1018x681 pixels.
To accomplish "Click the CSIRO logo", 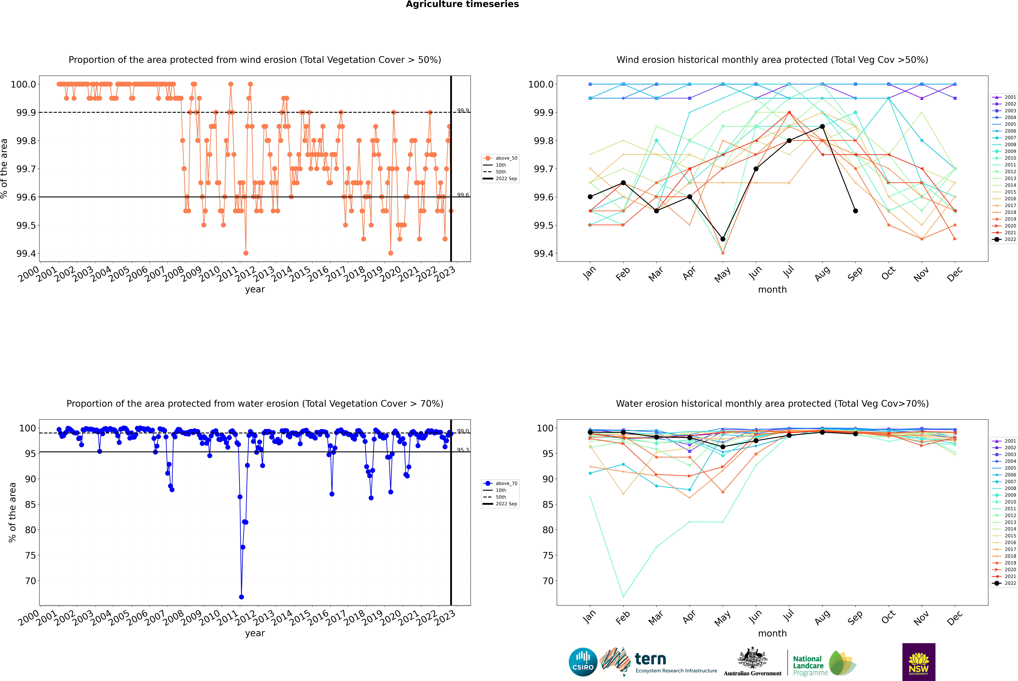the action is pos(583,662).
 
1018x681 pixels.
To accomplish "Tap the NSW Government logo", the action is pos(919,662).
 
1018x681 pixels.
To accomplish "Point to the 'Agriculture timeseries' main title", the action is pos(462,4).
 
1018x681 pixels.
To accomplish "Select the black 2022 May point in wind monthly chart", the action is pos(722,239).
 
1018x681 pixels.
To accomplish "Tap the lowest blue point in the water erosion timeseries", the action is pos(241,597).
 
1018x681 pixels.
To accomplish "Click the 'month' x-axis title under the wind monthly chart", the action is pos(772,290).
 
